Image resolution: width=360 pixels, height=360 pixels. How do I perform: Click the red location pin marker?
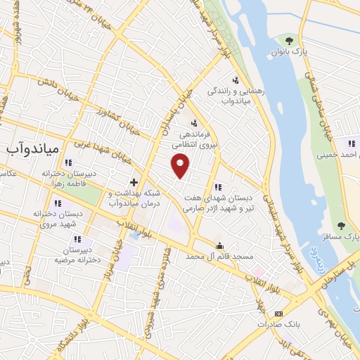coord(181,167)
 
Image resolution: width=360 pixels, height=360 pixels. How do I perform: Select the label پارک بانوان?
coord(290,51)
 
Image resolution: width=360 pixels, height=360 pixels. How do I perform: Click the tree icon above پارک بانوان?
coord(289,39)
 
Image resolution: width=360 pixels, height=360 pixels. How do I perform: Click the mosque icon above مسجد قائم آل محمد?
coord(220,246)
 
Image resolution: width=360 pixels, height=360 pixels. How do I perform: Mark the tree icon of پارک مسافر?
coord(341,226)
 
